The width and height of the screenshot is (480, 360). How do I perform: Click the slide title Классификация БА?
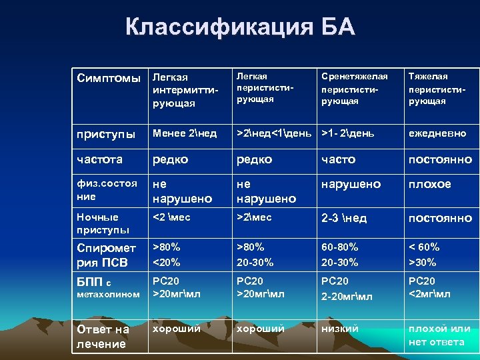[240, 27]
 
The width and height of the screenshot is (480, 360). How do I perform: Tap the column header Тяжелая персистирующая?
[437, 89]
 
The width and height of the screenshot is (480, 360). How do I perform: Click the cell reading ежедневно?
[437, 133]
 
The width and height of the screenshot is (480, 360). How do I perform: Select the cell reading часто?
[339, 159]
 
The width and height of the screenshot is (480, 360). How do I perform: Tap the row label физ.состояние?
[107, 189]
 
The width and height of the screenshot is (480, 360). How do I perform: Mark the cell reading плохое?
[429, 183]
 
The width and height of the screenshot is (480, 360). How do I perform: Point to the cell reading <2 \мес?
[172, 217]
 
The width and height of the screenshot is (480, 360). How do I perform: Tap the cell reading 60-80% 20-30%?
[340, 254]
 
